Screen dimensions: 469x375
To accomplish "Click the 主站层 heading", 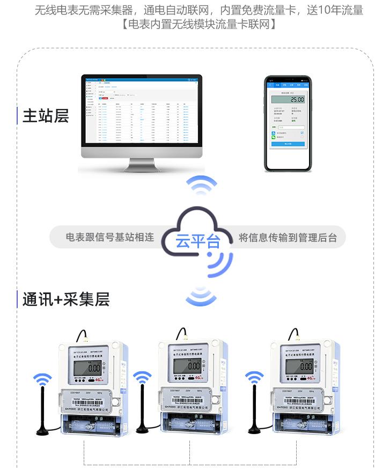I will pos(46,116).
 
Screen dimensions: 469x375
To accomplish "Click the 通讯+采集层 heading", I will pos(65,299).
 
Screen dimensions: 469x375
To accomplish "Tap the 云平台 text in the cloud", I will pos(197,241).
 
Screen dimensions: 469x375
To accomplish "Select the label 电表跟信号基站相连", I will pos(109,237).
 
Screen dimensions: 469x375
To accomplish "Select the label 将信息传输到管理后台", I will pos(288,237).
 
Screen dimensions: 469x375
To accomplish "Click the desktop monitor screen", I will pos(144,111).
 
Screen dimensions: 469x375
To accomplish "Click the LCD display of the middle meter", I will pos(190,367).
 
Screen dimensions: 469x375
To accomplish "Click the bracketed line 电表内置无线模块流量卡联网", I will pos(199,24).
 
